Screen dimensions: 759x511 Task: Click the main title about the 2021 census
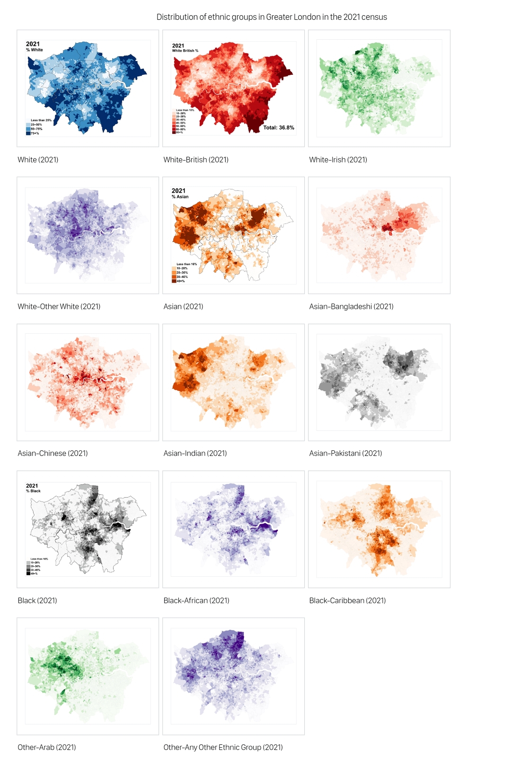click(x=272, y=17)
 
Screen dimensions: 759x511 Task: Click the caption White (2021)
click(x=38, y=160)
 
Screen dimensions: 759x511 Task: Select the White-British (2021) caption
click(x=196, y=160)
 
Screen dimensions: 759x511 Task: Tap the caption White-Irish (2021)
click(x=338, y=160)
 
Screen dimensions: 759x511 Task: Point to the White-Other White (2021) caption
click(x=59, y=306)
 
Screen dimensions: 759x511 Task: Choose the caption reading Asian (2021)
click(x=183, y=306)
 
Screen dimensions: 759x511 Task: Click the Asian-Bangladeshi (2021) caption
click(x=351, y=306)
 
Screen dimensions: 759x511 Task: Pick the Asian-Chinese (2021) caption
click(x=53, y=453)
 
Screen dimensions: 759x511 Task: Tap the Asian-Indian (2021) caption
click(x=195, y=453)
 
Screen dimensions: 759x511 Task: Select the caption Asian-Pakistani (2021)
click(x=345, y=453)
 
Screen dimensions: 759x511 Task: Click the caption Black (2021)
click(x=37, y=600)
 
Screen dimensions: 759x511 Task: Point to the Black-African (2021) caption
click(x=196, y=600)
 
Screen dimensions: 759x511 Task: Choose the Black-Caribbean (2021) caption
click(x=347, y=600)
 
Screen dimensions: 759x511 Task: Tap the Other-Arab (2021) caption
click(x=47, y=747)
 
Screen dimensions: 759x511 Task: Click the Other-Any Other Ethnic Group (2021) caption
click(x=223, y=747)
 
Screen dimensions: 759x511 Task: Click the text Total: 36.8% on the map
click(x=279, y=128)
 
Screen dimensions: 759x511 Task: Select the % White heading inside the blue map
click(x=35, y=50)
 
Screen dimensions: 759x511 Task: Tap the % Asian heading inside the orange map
click(x=180, y=196)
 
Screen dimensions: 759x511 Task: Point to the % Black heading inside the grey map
click(x=34, y=491)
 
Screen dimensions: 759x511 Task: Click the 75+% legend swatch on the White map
click(x=28, y=134)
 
